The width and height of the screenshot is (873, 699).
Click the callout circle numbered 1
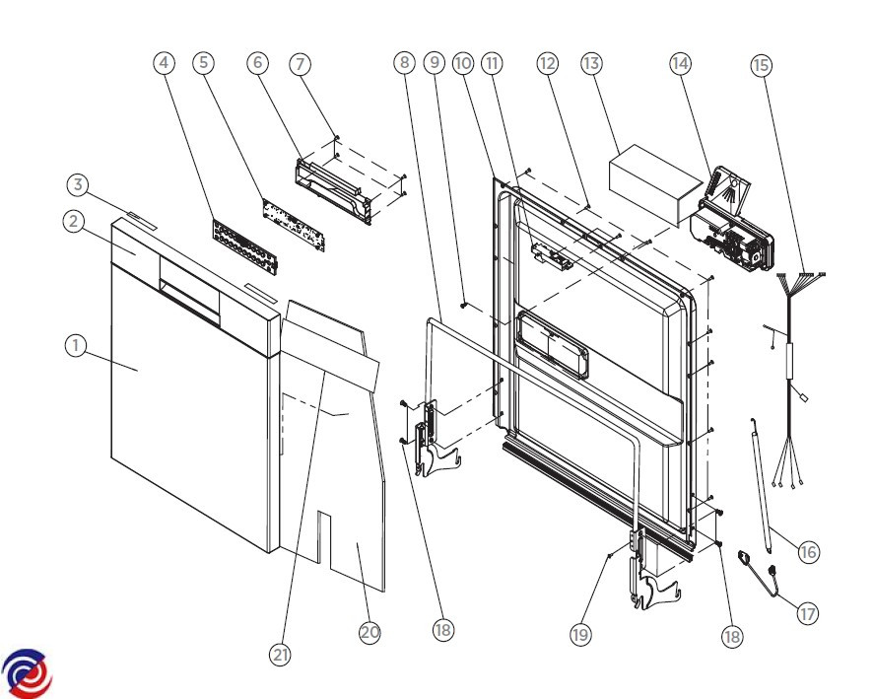(74, 346)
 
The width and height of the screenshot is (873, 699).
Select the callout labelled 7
(301, 63)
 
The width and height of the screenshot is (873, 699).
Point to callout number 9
(434, 63)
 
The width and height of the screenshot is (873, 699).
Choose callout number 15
(761, 65)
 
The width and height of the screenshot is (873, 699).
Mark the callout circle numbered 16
(808, 551)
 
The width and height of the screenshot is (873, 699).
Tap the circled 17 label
(807, 613)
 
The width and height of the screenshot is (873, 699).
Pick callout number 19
(580, 635)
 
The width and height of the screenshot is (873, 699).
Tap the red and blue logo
(27, 673)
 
